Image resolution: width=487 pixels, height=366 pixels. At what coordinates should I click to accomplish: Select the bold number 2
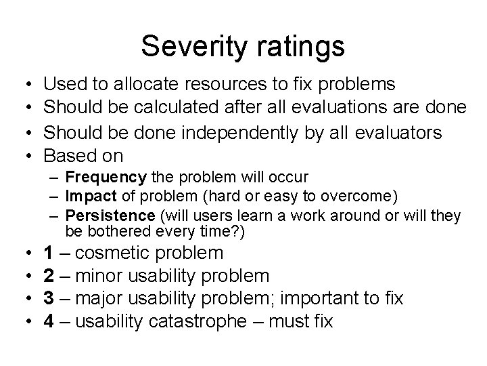point(49,276)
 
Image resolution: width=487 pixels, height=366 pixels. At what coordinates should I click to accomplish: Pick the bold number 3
point(49,298)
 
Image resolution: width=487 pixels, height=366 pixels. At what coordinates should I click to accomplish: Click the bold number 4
point(49,321)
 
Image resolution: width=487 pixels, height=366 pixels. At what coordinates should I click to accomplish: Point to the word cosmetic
point(116,253)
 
